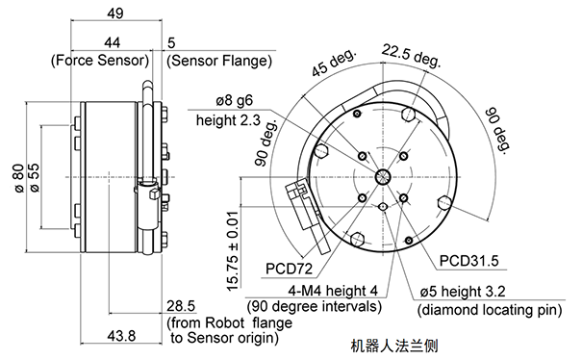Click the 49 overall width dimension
pyautogui.click(x=115, y=13)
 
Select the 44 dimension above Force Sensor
pyautogui.click(x=113, y=42)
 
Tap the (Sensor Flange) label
pyautogui.click(x=219, y=61)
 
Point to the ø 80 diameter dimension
pyautogui.click(x=19, y=178)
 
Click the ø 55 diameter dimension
pyautogui.click(x=34, y=178)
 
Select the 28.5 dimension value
pyautogui.click(x=181, y=306)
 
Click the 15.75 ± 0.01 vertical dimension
pyautogui.click(x=233, y=251)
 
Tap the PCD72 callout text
pyautogui.click(x=290, y=269)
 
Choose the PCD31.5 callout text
pyautogui.click(x=468, y=261)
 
